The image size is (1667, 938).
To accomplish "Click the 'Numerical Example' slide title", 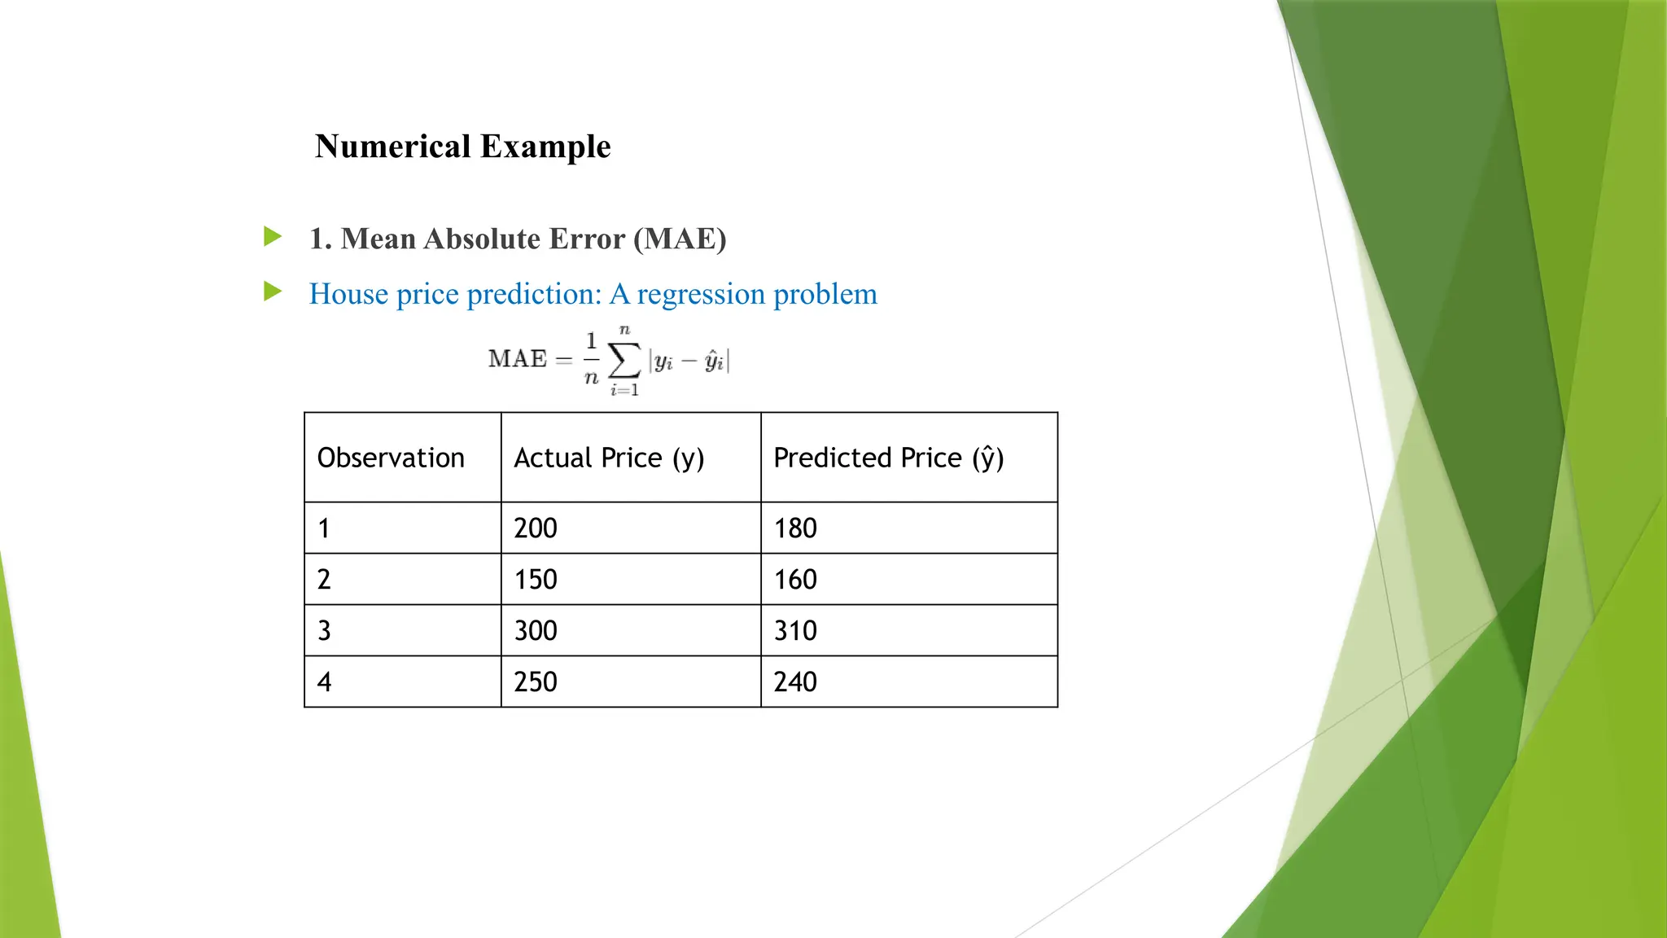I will click(x=462, y=147).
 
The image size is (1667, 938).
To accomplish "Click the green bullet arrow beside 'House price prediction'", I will click(x=273, y=291).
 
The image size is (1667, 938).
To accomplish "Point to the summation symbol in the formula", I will click(x=624, y=360).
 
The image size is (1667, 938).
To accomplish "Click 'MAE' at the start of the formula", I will click(x=518, y=359).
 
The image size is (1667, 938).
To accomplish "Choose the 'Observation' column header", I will click(x=391, y=458).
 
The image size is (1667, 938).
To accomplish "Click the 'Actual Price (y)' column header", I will click(x=609, y=458).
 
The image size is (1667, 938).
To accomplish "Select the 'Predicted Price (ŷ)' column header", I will click(x=888, y=458).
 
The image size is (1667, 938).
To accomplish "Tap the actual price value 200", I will click(x=536, y=528).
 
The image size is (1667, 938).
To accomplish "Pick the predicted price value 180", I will click(x=795, y=528).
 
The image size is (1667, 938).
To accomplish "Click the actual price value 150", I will click(x=536, y=580).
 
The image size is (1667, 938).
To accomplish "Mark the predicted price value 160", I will click(x=795, y=580).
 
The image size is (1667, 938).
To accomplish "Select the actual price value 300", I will click(x=536, y=631).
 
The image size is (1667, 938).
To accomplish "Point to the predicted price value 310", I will click(x=795, y=631).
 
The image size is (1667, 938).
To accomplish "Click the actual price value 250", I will click(x=536, y=682).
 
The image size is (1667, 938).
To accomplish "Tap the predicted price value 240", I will click(x=795, y=682).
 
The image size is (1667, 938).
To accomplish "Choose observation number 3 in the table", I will click(x=324, y=631).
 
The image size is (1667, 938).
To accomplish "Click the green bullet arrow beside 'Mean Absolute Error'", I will click(x=273, y=237).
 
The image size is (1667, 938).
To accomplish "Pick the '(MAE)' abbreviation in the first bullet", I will click(x=680, y=239).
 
